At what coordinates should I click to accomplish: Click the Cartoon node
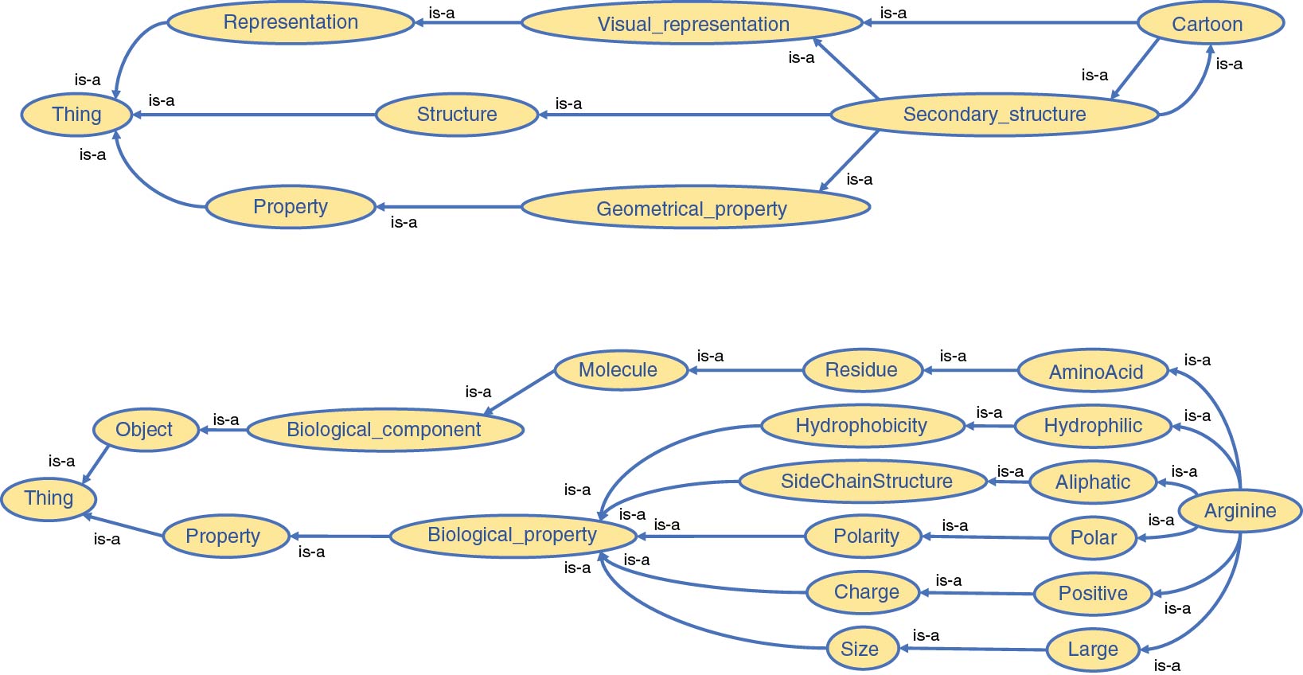1210,24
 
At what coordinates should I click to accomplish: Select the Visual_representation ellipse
692,24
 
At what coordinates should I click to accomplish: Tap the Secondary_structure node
994,115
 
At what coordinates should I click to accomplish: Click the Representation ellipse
291,22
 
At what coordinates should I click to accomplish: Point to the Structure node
457,115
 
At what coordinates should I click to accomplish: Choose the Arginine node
1240,511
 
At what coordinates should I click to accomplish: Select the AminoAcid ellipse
1095,372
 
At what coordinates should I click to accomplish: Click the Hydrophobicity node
861,426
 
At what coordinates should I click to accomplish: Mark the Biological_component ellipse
384,430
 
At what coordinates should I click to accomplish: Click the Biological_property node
513,535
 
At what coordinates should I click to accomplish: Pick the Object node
145,430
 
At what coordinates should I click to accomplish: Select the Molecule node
619,370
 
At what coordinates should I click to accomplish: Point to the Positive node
1093,594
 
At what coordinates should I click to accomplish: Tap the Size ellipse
860,649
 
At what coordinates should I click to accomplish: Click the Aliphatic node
1092,482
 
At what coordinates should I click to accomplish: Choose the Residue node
862,370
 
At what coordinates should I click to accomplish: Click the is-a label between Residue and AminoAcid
953,356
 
